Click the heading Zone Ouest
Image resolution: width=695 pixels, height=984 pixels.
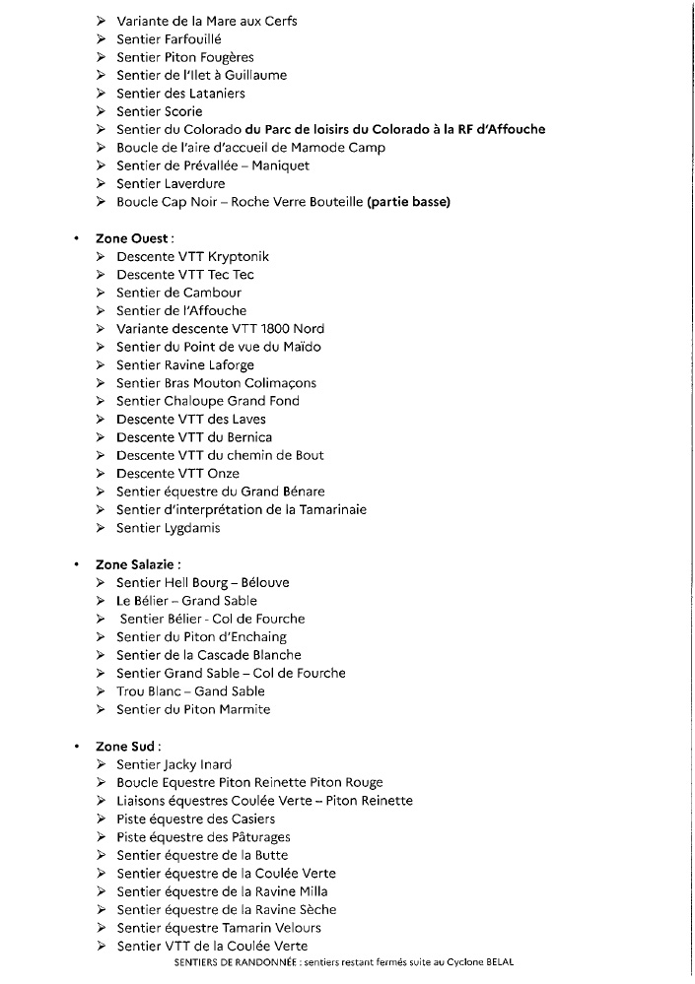(134, 238)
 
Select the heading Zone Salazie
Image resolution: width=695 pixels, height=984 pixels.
(137, 564)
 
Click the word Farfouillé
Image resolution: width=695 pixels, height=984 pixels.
(194, 39)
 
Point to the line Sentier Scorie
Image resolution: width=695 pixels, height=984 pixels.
(159, 111)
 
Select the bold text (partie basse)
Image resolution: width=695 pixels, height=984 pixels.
(408, 202)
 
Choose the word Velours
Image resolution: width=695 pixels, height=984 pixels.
(292, 928)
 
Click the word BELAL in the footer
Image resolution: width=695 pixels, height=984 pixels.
(498, 962)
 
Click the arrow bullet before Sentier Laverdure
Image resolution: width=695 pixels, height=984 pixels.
(102, 184)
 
